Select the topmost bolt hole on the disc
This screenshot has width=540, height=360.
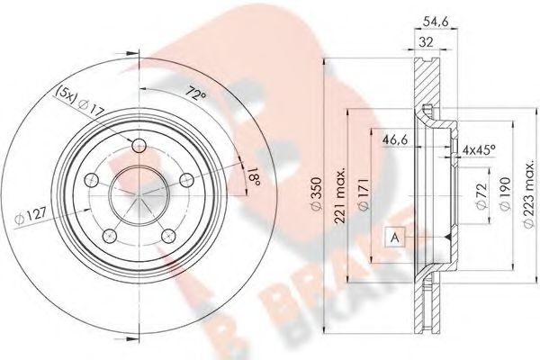point(138,148)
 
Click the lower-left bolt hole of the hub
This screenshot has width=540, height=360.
point(110,236)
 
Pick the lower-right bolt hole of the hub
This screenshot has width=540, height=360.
point(168,236)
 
